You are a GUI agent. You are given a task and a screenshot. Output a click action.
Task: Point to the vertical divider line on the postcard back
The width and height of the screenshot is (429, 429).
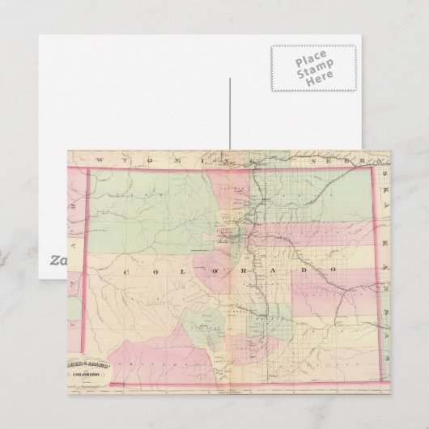pos(230,113)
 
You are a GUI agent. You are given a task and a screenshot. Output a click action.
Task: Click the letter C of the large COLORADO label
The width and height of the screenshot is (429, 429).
pos(125,274)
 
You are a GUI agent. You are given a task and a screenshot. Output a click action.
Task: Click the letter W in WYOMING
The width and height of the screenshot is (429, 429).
pos(99,159)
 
